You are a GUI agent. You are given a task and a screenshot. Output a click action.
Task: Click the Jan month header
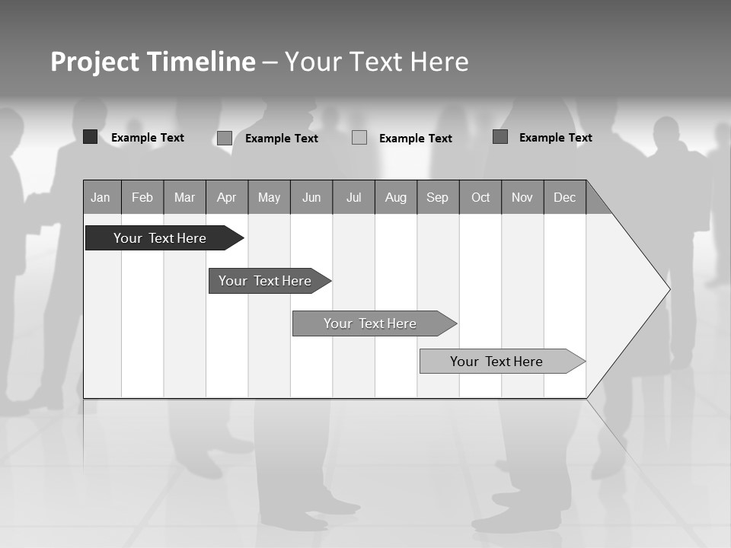pyautogui.click(x=101, y=198)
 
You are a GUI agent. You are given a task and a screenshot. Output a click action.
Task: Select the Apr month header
pyautogui.click(x=226, y=198)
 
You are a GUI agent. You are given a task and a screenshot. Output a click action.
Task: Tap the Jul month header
pyautogui.click(x=353, y=198)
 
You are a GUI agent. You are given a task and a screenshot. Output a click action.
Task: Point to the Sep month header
pyautogui.click(x=437, y=198)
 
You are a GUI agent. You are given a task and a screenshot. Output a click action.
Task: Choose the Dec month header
pyautogui.click(x=564, y=198)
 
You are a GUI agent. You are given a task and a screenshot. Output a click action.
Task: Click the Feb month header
pyautogui.click(x=142, y=198)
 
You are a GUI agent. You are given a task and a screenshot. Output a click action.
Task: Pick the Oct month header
pyautogui.click(x=480, y=198)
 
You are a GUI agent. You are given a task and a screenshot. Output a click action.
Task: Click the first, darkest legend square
pyautogui.click(x=90, y=137)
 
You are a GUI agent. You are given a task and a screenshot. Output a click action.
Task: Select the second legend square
pyautogui.click(x=225, y=138)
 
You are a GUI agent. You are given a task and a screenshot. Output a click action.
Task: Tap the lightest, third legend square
pyautogui.click(x=359, y=138)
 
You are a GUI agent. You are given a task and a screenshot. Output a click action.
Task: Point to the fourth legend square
pyautogui.click(x=500, y=137)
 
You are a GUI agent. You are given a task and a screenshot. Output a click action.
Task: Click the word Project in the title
pyautogui.click(x=95, y=62)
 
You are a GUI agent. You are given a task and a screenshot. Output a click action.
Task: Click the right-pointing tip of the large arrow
pyautogui.click(x=668, y=289)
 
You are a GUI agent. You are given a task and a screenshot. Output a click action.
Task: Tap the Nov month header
pyautogui.click(x=522, y=198)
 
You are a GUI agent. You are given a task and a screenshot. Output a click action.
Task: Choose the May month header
pyautogui.click(x=269, y=198)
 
